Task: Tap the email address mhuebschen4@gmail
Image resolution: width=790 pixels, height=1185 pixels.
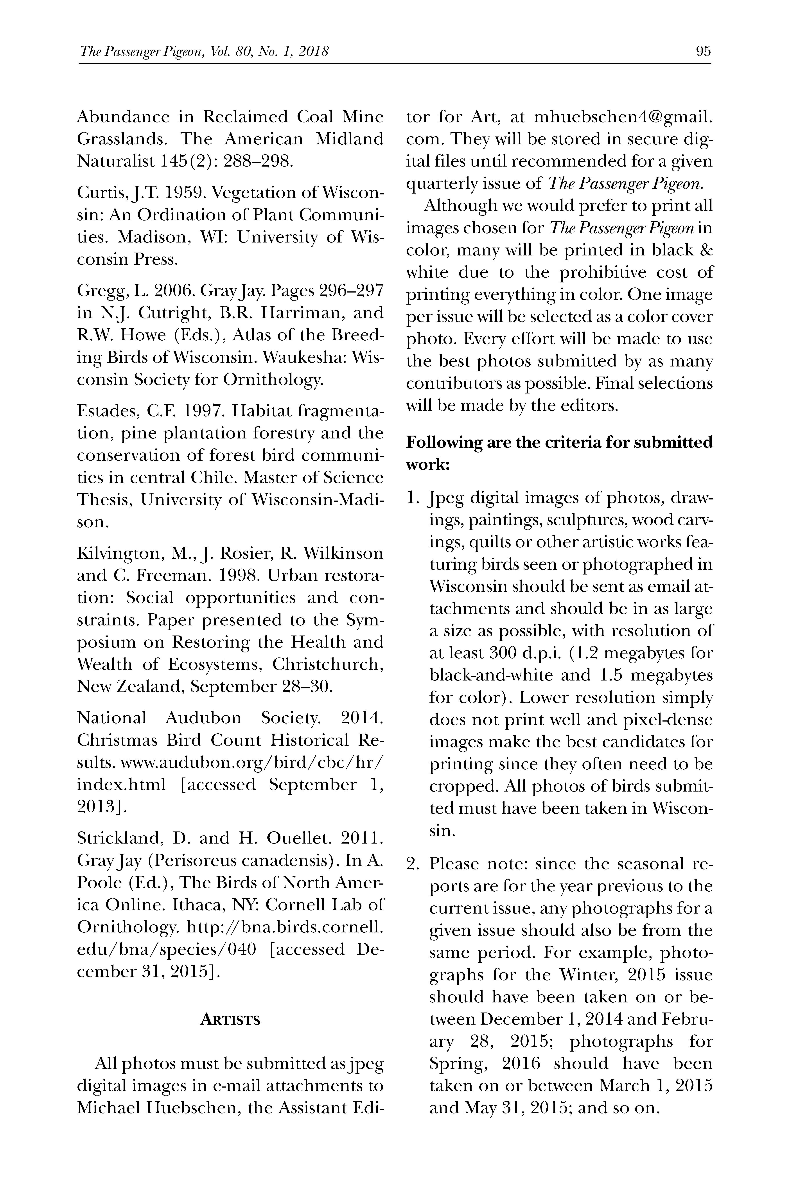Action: click(x=623, y=117)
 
